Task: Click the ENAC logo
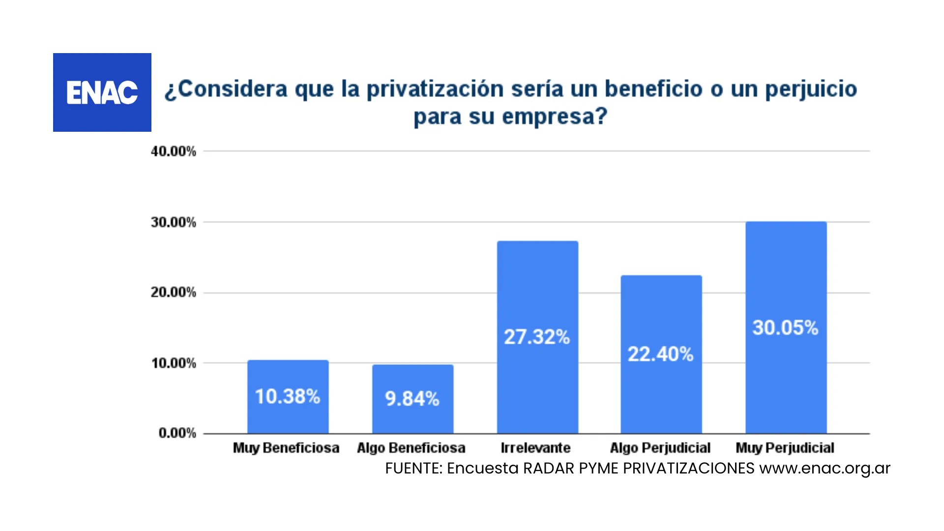click(102, 92)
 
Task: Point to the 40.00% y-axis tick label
click(174, 151)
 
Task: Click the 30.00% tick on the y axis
click(174, 222)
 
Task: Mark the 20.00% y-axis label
click(174, 293)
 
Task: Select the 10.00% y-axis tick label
click(174, 363)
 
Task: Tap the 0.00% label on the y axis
click(177, 433)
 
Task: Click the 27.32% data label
click(537, 337)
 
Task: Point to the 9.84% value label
click(412, 399)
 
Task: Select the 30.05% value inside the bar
click(785, 328)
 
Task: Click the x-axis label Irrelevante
click(535, 448)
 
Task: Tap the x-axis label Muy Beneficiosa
click(286, 448)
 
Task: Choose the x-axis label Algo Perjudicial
click(660, 448)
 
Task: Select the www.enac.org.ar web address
click(825, 469)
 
